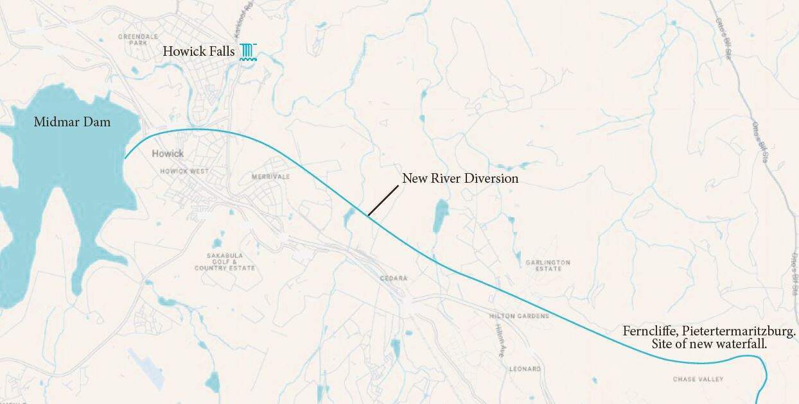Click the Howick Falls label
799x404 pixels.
click(198, 51)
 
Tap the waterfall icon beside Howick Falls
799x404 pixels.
click(249, 52)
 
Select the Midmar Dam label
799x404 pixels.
click(72, 122)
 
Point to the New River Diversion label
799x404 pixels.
click(460, 178)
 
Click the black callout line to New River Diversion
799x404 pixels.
click(383, 200)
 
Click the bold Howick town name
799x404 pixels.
click(168, 153)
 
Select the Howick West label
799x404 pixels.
click(184, 172)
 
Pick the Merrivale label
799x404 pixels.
click(270, 176)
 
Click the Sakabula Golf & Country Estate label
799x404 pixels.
click(224, 261)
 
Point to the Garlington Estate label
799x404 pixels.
click(547, 265)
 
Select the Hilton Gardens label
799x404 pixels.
click(519, 316)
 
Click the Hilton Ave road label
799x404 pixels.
click(500, 339)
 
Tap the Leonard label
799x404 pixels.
click(525, 369)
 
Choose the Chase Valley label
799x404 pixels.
click(698, 379)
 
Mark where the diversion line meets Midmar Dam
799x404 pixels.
click(125, 158)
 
